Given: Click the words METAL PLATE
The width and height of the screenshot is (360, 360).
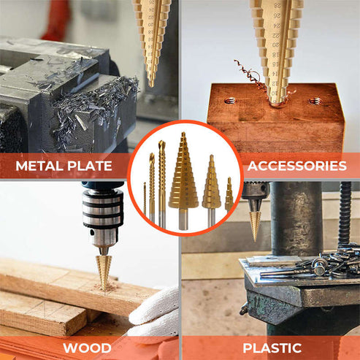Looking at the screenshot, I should click(x=64, y=166).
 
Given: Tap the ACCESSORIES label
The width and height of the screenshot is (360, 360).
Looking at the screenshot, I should click(x=297, y=166).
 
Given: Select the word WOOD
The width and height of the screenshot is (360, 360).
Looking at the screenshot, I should click(x=86, y=348).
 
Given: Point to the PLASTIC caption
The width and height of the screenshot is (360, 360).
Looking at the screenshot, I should click(x=272, y=348).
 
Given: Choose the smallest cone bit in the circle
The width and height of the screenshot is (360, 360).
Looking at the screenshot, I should click(x=229, y=195).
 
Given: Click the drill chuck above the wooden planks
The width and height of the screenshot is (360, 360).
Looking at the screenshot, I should click(x=102, y=212).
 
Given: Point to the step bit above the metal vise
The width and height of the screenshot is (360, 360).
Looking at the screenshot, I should click(x=152, y=37).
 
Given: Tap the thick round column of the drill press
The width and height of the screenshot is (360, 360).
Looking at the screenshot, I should click(x=296, y=219).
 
